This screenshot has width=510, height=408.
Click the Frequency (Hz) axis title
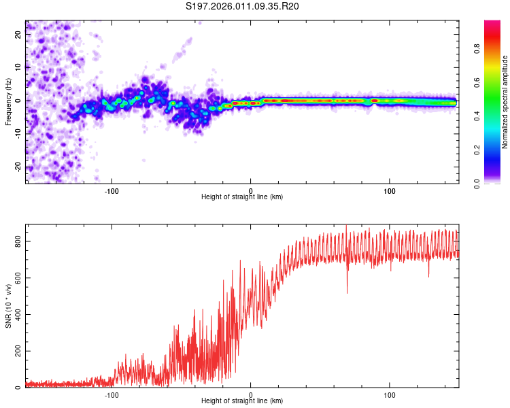coord(8,101)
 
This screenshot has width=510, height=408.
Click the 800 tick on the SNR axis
coord(18,241)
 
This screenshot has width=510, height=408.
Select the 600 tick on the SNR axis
coord(18,278)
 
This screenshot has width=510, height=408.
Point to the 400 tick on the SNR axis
coord(18,315)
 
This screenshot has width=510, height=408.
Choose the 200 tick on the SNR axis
coord(18,352)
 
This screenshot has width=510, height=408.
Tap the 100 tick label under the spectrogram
coord(390,190)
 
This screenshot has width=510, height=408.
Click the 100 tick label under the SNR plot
coord(390,394)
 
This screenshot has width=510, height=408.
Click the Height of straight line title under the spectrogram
coord(242,197)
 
